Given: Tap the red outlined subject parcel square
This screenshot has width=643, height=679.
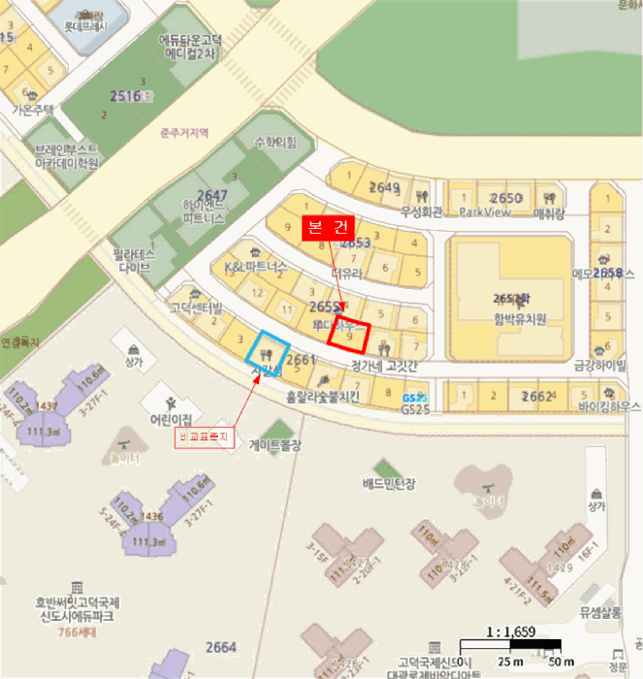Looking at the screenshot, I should (350, 334).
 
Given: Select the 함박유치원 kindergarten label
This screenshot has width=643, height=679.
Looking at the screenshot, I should (519, 319).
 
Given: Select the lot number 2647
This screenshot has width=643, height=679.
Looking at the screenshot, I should (211, 196).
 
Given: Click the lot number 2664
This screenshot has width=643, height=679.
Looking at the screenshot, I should (221, 647).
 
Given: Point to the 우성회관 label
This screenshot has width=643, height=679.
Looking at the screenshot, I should (420, 211).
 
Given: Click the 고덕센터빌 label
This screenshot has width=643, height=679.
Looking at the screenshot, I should (196, 308).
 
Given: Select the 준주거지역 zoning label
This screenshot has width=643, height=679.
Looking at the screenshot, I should (184, 133).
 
